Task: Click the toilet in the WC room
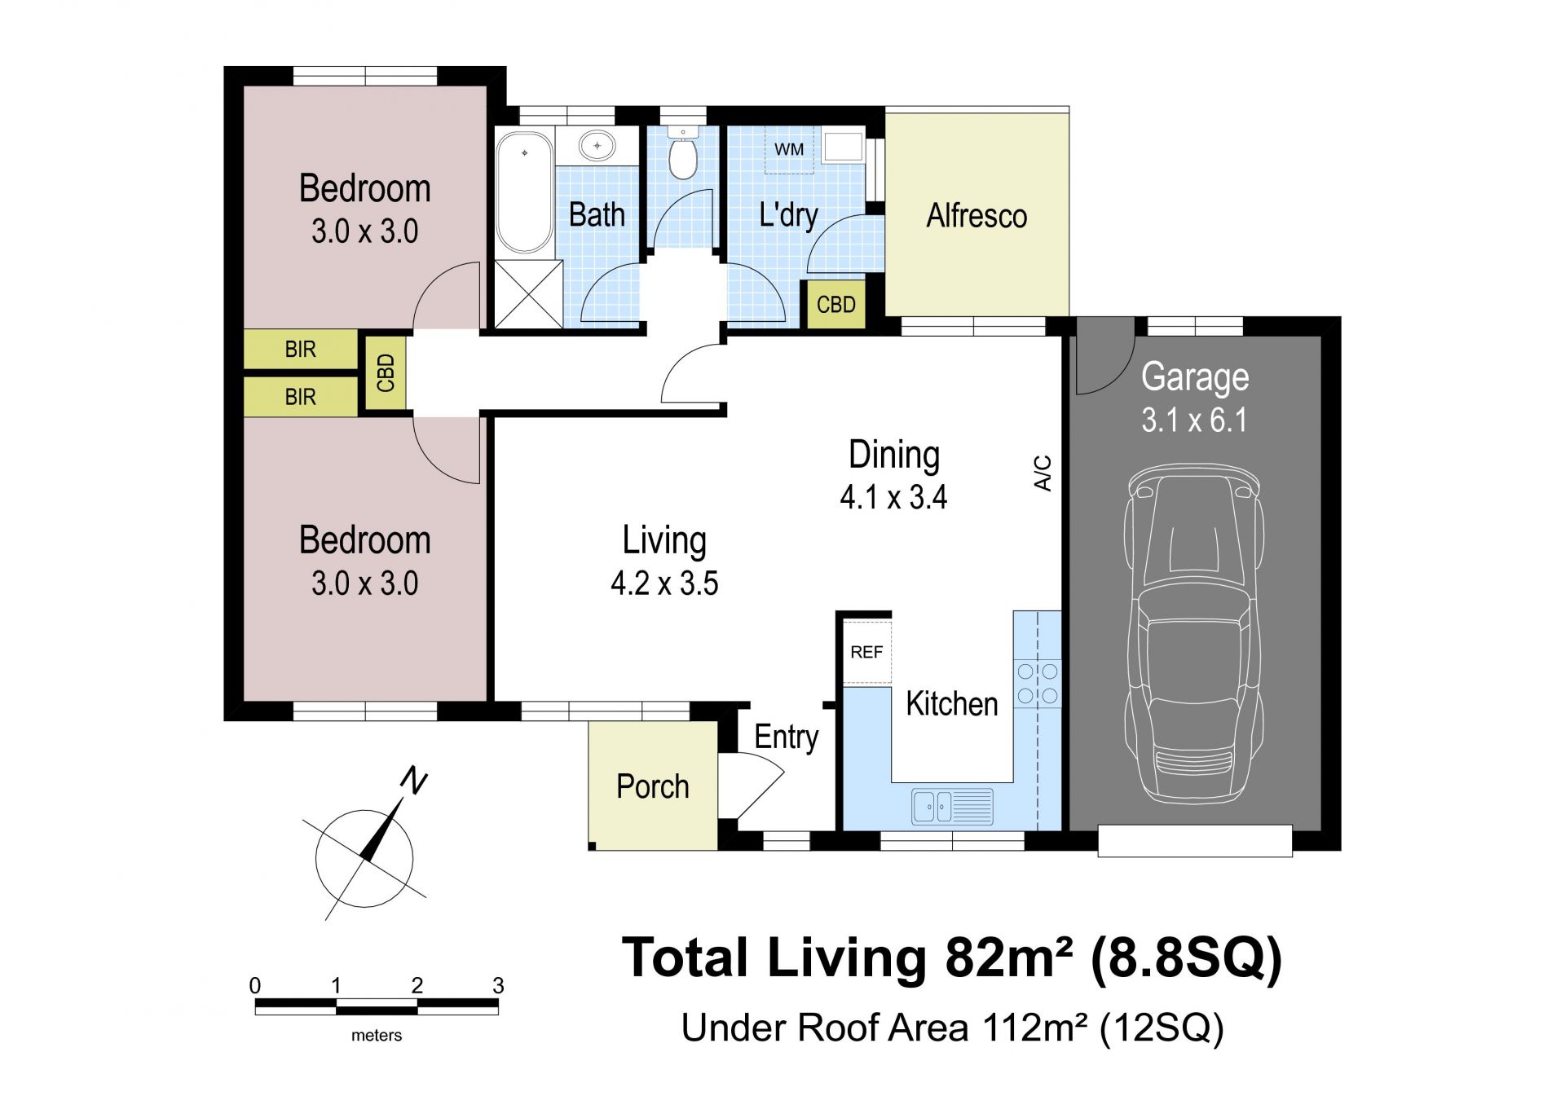click(683, 152)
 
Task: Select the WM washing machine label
click(789, 149)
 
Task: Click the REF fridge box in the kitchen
click(866, 652)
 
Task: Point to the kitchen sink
click(953, 806)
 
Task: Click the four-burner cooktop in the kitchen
click(1038, 684)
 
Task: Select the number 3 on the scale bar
click(498, 985)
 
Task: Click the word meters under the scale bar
click(377, 1035)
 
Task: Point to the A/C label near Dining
click(1043, 473)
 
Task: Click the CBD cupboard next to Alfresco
click(836, 304)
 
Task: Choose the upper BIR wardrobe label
click(300, 350)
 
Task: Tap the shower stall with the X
click(528, 293)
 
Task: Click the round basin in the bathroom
click(597, 146)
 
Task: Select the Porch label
click(653, 786)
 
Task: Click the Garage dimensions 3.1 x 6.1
click(1194, 420)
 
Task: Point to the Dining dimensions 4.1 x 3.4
click(894, 497)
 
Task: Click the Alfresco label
click(976, 216)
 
